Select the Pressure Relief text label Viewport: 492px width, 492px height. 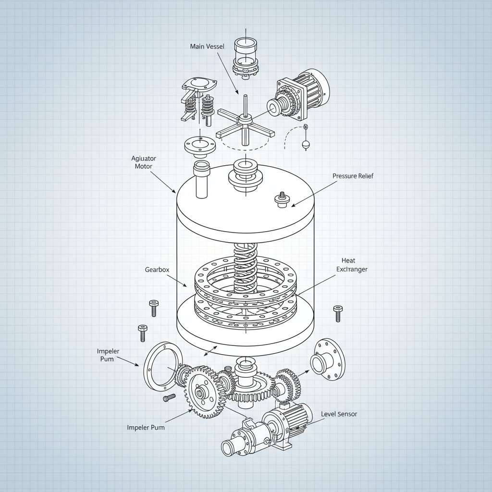click(x=352, y=176)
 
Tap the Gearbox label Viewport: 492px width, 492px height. click(x=157, y=270)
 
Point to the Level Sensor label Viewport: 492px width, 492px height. click(x=339, y=414)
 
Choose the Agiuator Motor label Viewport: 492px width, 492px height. click(x=143, y=162)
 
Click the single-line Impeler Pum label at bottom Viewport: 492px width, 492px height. click(x=146, y=427)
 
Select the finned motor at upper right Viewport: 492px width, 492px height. click(x=305, y=94)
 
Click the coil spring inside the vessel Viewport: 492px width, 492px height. click(x=246, y=267)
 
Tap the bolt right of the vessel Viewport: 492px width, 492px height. click(x=338, y=313)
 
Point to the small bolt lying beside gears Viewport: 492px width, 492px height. click(x=169, y=398)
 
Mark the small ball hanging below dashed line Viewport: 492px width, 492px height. click(x=305, y=144)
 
